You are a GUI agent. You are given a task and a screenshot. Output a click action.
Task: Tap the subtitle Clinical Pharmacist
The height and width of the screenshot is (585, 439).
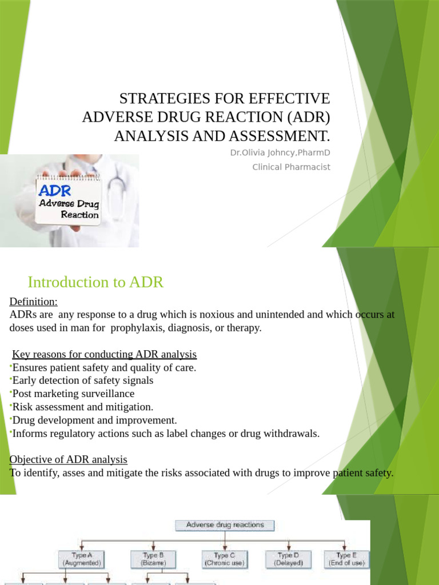(x=291, y=167)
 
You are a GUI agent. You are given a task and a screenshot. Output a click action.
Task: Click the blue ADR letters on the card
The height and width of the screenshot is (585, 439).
(x=55, y=189)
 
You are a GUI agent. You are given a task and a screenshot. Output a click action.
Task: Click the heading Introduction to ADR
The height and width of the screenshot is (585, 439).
(x=95, y=282)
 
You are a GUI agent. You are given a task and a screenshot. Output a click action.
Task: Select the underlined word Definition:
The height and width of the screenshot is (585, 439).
(x=34, y=301)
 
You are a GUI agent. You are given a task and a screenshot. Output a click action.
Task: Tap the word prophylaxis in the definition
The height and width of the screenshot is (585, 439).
(x=137, y=328)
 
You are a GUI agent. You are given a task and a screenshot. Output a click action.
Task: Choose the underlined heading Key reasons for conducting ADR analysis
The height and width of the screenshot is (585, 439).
(x=104, y=354)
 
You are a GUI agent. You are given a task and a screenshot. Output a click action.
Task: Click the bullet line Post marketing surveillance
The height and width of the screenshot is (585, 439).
(x=73, y=394)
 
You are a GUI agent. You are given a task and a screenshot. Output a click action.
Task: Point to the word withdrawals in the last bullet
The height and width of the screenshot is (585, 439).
(x=288, y=434)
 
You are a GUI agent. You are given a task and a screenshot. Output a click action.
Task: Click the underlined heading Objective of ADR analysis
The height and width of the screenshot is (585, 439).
(x=69, y=460)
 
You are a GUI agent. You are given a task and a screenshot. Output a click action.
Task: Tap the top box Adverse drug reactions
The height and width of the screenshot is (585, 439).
(x=224, y=525)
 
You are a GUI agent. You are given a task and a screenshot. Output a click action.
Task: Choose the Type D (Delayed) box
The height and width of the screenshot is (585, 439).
(x=288, y=559)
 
